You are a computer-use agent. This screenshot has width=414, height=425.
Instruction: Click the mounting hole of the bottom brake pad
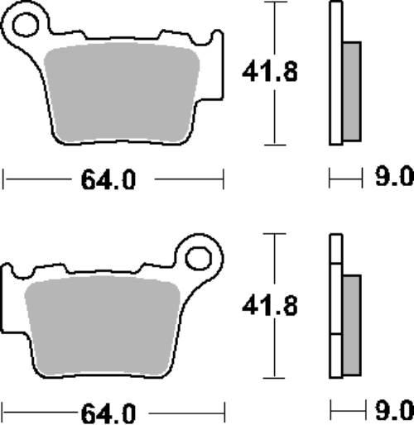199,258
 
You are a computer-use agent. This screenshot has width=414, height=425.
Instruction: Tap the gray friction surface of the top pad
122,93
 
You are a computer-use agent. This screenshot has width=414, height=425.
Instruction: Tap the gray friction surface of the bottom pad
103,326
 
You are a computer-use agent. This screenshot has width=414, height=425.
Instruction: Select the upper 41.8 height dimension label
270,72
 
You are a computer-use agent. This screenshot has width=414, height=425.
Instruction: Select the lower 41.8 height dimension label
270,305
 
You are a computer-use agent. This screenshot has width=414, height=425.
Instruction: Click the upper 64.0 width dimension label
108,179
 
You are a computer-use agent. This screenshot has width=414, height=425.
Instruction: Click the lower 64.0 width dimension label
108,413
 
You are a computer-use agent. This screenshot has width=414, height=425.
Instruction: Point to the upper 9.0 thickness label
394,176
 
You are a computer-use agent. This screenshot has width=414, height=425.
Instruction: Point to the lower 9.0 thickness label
395,410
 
